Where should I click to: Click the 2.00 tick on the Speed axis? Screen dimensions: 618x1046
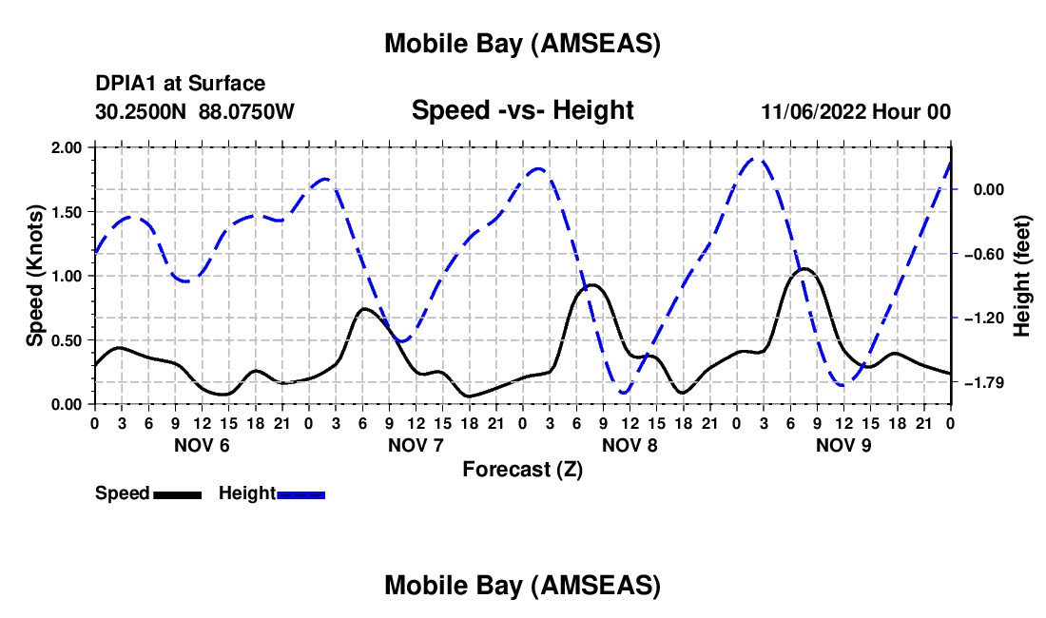click(64, 147)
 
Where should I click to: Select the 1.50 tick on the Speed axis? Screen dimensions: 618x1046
click(64, 212)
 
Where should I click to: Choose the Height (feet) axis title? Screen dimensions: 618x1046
click(1023, 276)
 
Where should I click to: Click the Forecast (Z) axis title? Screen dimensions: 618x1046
click(522, 469)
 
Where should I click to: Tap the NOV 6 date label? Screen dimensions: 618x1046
click(201, 445)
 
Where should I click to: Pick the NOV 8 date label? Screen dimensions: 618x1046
click(629, 445)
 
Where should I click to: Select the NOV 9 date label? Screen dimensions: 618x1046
click(843, 445)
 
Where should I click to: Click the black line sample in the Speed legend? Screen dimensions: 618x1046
click(177, 493)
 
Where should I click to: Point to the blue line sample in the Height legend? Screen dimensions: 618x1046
click(300, 493)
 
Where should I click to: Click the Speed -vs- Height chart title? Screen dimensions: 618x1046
click(522, 110)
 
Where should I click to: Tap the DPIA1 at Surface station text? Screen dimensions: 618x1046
click(181, 85)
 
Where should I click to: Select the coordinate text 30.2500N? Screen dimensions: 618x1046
click(142, 111)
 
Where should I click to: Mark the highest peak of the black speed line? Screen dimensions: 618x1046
click(804, 269)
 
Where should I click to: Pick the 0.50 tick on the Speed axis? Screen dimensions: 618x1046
click(64, 340)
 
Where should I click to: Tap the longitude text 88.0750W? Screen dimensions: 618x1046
click(246, 111)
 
